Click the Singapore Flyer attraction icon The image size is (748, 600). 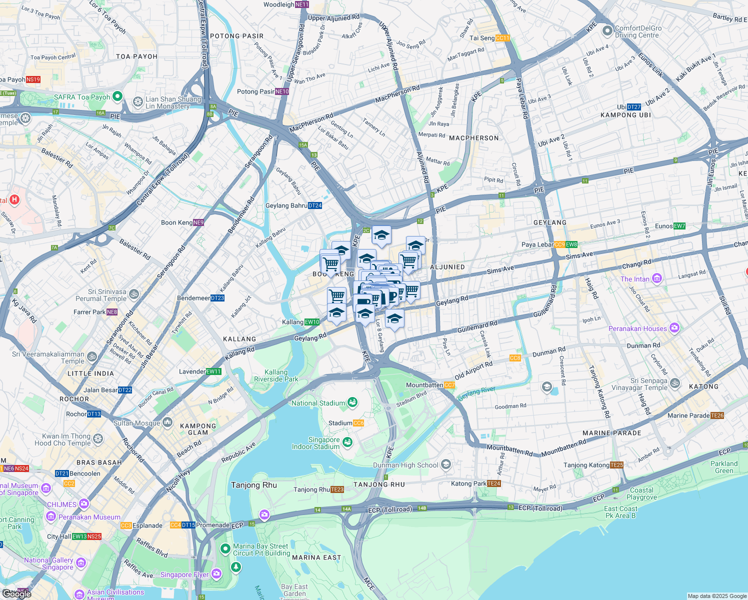coord(216,573)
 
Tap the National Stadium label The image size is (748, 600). coord(318,403)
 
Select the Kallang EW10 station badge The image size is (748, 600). coord(312,322)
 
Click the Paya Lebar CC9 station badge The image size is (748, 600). coord(559,244)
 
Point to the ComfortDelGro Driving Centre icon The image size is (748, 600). coord(607,31)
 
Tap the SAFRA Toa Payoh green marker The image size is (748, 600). coord(117,96)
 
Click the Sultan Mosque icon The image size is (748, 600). coord(167,423)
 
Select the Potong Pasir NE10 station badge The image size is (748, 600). coord(282,91)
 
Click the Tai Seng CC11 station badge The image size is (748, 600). coord(502,38)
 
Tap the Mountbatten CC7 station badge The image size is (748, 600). coord(449,385)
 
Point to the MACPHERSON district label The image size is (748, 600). coord(473,138)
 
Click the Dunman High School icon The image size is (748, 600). coord(446,464)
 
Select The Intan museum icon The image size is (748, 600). coord(657,278)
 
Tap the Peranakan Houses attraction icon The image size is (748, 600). coord(674,328)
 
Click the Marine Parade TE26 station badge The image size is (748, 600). coord(717,415)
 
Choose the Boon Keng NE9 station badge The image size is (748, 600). coord(198,222)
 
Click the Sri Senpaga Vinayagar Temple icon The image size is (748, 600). coord(675,383)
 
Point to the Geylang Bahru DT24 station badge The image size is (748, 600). coord(314,205)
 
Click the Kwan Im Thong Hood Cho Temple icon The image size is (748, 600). coord(98,439)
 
